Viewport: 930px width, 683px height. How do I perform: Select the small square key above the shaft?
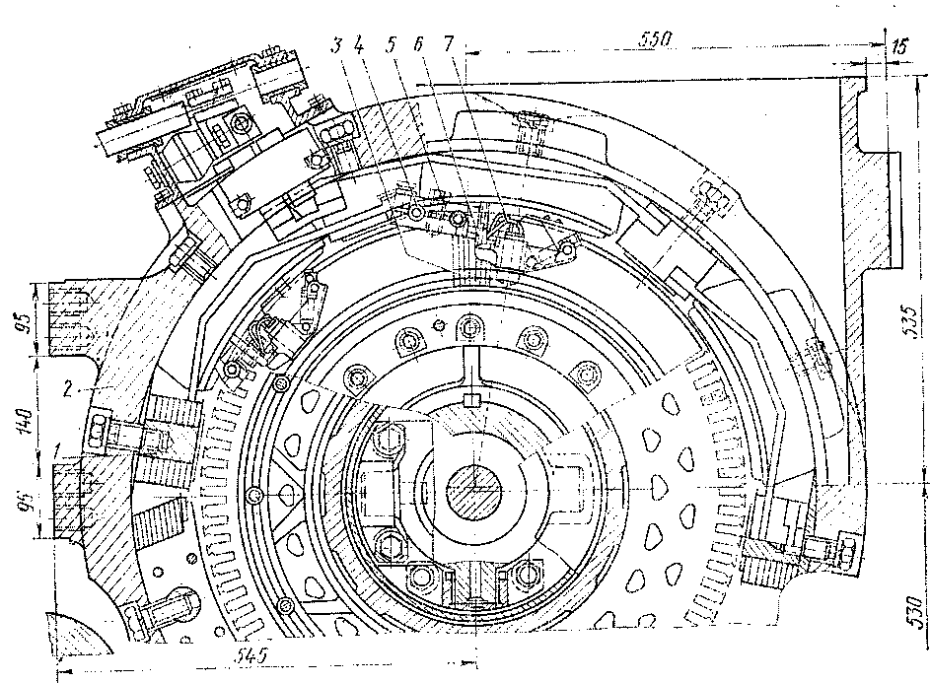click(x=471, y=400)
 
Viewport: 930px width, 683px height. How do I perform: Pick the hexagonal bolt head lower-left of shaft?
click(x=389, y=544)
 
